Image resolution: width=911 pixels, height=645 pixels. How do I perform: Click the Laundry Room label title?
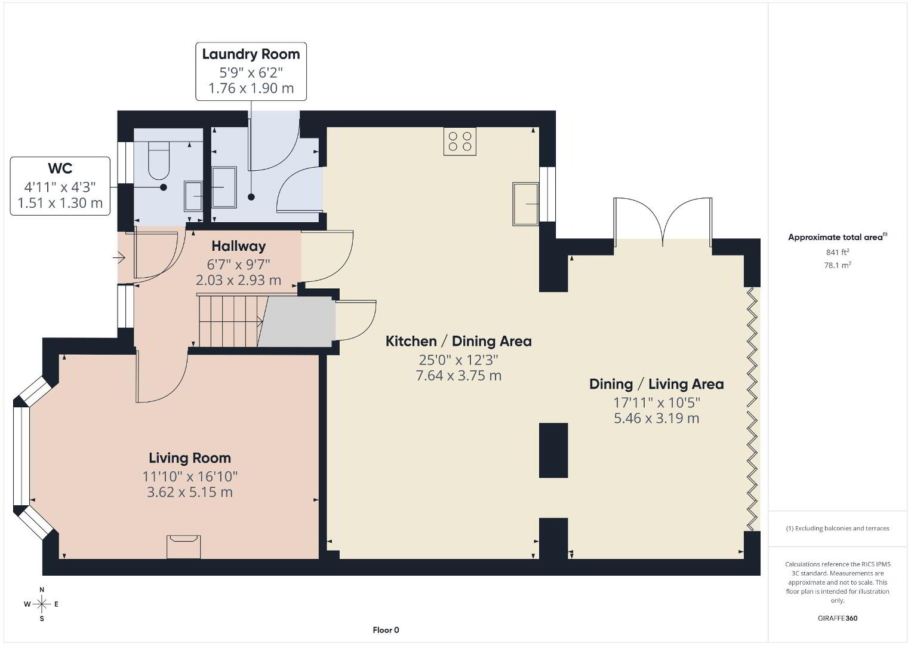251,54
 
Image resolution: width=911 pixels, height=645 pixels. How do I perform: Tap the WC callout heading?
60,168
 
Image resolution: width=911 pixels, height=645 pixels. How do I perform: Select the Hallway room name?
239,246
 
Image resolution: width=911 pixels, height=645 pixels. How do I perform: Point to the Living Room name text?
190,458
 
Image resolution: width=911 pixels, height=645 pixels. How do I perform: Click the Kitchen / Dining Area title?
458,341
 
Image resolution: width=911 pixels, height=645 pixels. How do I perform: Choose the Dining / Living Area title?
657,384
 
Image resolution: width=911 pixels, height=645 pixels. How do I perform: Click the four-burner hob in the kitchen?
460,141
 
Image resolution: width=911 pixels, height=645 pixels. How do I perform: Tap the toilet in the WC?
159,160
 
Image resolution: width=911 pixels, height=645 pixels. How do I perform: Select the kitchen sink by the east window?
526,204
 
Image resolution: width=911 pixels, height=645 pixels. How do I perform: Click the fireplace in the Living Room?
183,546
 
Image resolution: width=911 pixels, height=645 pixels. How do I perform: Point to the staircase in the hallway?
230,321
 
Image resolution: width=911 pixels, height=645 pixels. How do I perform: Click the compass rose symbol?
41,604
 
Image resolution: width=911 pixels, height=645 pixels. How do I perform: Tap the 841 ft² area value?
838,252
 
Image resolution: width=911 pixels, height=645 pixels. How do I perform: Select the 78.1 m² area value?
838,265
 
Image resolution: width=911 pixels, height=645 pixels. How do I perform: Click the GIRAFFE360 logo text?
838,618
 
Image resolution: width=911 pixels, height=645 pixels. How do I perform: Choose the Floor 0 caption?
386,630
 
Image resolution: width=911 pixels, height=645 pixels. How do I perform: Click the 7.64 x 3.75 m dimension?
458,375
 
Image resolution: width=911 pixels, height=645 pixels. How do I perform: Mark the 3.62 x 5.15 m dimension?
190,492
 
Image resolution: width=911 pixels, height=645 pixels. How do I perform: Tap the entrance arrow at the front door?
119,257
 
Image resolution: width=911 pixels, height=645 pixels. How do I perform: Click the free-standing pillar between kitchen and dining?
553,450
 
